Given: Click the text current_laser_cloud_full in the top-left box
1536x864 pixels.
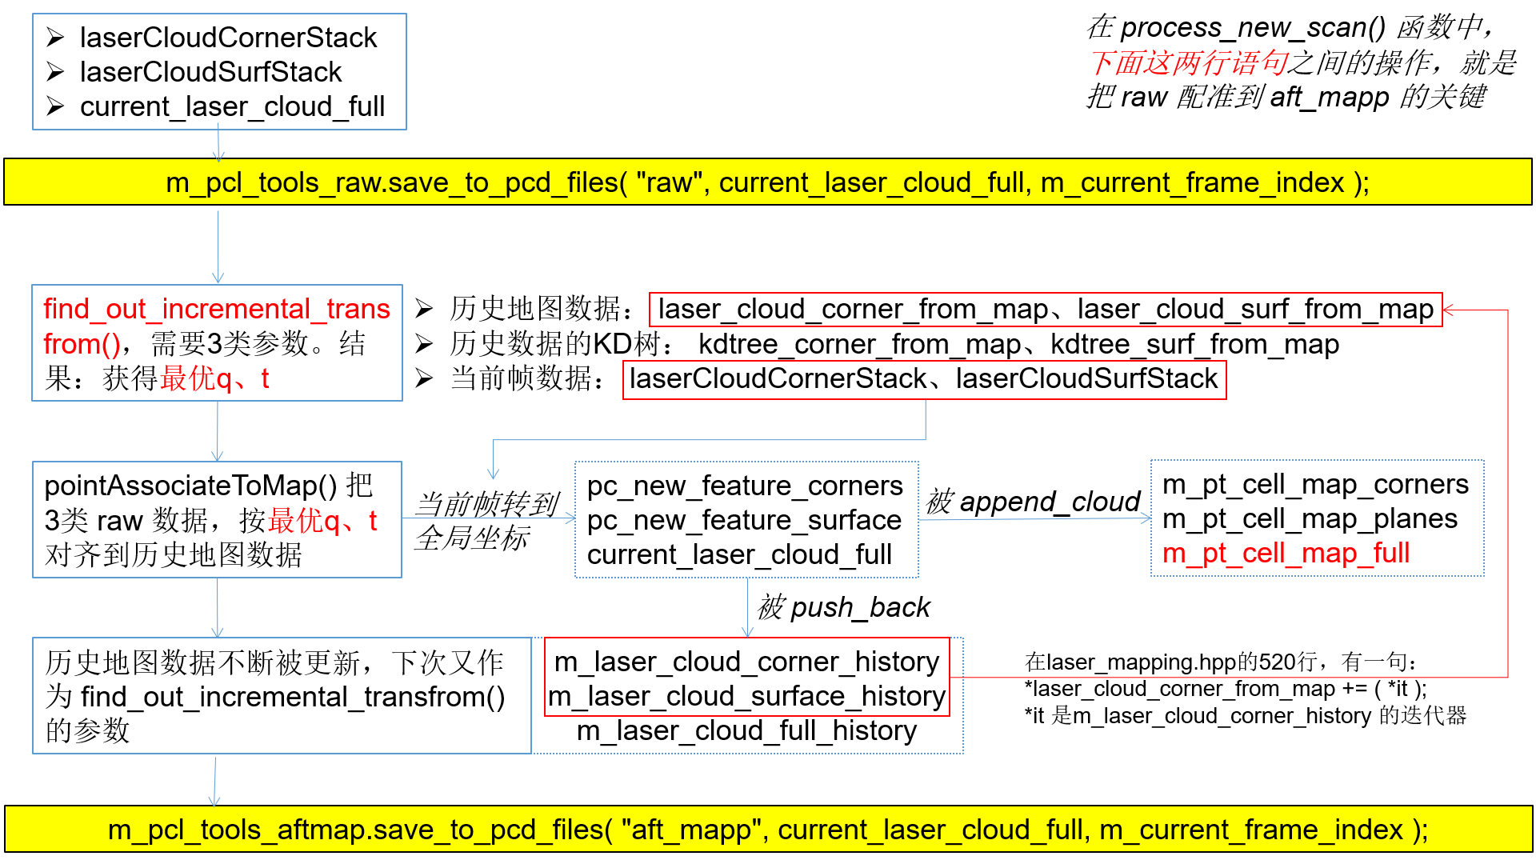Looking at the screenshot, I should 232,106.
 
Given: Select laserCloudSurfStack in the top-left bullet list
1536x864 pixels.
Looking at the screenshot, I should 210,72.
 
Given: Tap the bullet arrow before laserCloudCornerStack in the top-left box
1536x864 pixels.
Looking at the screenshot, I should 54,38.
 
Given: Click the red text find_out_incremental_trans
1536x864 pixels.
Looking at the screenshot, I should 216,310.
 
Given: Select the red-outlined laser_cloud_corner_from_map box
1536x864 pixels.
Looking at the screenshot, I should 1045,310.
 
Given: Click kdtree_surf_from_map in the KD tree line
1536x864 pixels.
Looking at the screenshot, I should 1194,345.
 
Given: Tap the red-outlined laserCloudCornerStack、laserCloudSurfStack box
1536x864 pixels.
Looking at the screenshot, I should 924,379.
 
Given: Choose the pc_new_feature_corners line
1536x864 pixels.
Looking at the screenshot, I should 745,486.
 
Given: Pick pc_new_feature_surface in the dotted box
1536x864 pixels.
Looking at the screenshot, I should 744,520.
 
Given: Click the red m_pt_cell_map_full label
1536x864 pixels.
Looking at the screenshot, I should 1286,553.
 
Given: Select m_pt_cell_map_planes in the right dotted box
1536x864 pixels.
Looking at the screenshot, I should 1310,518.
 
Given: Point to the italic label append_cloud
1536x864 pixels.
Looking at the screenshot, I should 1050,502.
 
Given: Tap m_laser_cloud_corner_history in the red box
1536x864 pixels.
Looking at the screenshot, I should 746,662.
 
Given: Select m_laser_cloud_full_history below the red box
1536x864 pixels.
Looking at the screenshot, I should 746,730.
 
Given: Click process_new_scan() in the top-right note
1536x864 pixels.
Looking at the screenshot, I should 1253,28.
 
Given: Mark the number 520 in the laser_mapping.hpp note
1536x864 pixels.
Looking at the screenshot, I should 1278,662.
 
